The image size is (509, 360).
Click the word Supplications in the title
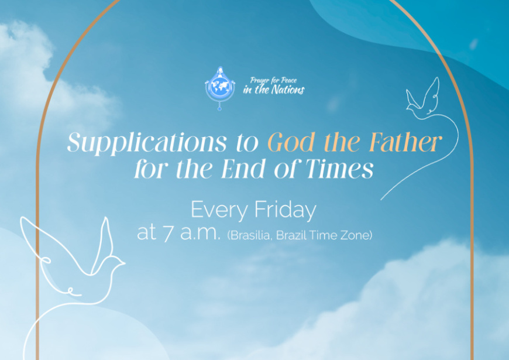point(147,142)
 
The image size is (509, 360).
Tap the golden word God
point(291,142)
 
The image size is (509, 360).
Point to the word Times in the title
point(339,169)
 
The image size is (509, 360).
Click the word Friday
point(285,210)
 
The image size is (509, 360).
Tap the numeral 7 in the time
point(168,234)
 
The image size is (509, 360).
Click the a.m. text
point(200,234)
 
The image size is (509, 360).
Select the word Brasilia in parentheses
point(249,235)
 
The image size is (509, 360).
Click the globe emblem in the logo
point(220,87)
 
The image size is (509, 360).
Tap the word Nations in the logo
point(288,90)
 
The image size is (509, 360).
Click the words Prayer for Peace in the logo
point(273,80)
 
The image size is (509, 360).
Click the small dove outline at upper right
point(423,98)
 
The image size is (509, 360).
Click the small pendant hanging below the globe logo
point(219,108)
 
